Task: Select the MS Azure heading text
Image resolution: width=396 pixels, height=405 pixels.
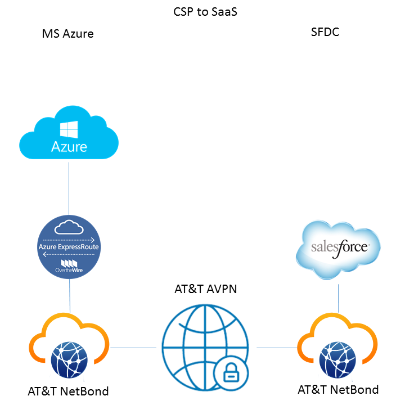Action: coord(67,34)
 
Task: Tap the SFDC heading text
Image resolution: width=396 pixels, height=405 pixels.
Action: coord(325,32)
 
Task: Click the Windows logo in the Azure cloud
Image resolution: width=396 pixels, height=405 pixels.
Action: coord(69,131)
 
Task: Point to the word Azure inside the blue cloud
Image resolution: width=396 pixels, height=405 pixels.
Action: coord(69,147)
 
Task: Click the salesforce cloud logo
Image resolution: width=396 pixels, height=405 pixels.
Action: coord(338,248)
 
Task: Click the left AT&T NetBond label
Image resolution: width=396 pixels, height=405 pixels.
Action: coord(68,391)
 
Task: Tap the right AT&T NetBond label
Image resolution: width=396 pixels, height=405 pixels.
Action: coord(337,389)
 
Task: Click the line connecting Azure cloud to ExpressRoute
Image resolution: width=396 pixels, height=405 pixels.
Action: coord(69,188)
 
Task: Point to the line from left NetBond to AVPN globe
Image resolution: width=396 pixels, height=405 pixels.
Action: coord(133,348)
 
